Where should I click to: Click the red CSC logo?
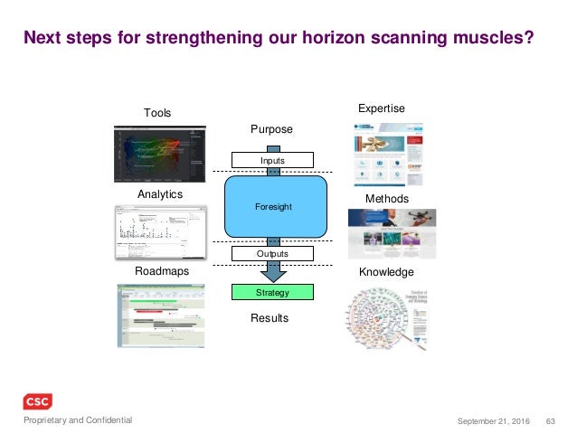pyautogui.click(x=37, y=401)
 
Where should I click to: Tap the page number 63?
pyautogui.click(x=551, y=420)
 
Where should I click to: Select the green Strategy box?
pyautogui.click(x=272, y=292)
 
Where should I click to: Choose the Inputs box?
pyautogui.click(x=272, y=161)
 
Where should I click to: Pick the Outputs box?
pyautogui.click(x=272, y=254)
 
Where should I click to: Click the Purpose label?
pyautogui.click(x=271, y=129)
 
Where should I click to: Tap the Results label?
pyautogui.click(x=270, y=318)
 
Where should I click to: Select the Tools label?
pyautogui.click(x=157, y=112)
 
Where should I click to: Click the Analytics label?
pyautogui.click(x=160, y=194)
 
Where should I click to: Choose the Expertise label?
pyautogui.click(x=382, y=108)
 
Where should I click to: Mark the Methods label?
pyautogui.click(x=386, y=198)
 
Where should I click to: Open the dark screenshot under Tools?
pyautogui.click(x=160, y=155)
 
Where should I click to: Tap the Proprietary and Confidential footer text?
pyautogui.click(x=78, y=420)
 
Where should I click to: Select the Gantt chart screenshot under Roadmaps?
pyautogui.click(x=161, y=316)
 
